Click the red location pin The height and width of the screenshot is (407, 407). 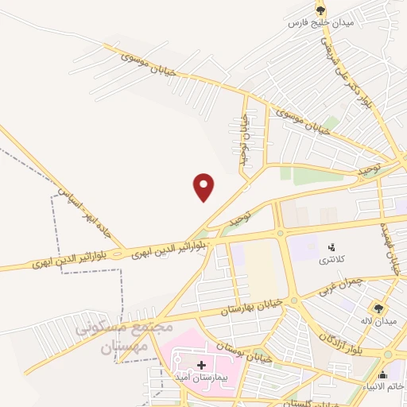[x=204, y=187]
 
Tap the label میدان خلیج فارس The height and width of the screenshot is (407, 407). [x=320, y=23]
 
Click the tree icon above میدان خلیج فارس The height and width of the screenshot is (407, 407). [x=320, y=10]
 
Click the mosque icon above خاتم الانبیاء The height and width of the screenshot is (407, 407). [x=383, y=374]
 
